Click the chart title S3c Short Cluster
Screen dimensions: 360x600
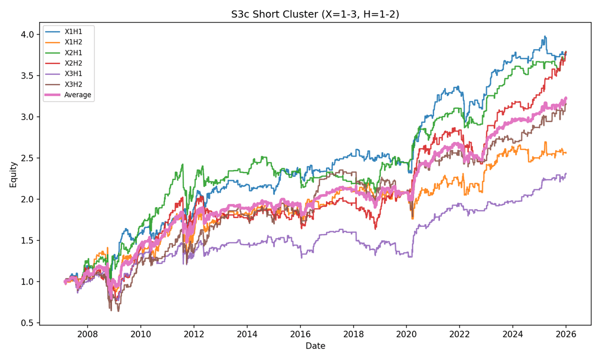(315, 14)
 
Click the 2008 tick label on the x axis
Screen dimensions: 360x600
(87, 333)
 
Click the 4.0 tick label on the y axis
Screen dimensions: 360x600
(27, 34)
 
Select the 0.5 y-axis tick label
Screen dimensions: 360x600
(27, 323)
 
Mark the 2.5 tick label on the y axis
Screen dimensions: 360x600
(27, 158)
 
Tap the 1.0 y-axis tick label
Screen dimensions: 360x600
(27, 282)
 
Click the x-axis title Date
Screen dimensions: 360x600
(315, 345)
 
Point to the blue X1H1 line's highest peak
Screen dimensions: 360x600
(545, 36)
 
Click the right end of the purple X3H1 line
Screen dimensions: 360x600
(566, 173)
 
